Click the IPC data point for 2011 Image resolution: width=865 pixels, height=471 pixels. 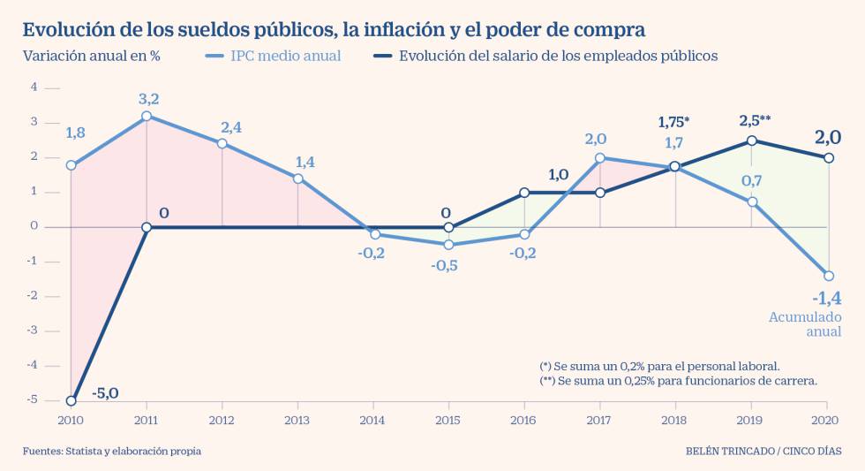pos(147,116)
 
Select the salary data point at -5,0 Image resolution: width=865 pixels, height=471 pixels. pos(71,400)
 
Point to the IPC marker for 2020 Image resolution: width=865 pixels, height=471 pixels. pos(828,276)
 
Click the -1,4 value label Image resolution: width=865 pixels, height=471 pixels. pos(825,298)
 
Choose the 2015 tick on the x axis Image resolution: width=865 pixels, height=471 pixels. pos(448,421)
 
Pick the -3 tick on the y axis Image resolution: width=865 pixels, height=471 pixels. pos(34,330)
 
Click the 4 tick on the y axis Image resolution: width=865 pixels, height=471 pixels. pos(34,87)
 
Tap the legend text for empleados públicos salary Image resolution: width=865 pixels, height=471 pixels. pos(558,56)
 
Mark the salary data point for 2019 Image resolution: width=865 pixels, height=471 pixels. pos(751,141)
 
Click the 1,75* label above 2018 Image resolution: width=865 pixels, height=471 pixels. pos(674,121)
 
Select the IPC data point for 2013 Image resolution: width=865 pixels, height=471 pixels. pos(297,179)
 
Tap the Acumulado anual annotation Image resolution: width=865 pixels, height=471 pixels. pos(805,324)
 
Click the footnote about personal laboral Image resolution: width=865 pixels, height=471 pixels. pos(658,365)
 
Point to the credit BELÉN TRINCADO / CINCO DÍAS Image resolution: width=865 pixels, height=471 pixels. pos(763,451)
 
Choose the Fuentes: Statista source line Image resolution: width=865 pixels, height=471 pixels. pos(112,451)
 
